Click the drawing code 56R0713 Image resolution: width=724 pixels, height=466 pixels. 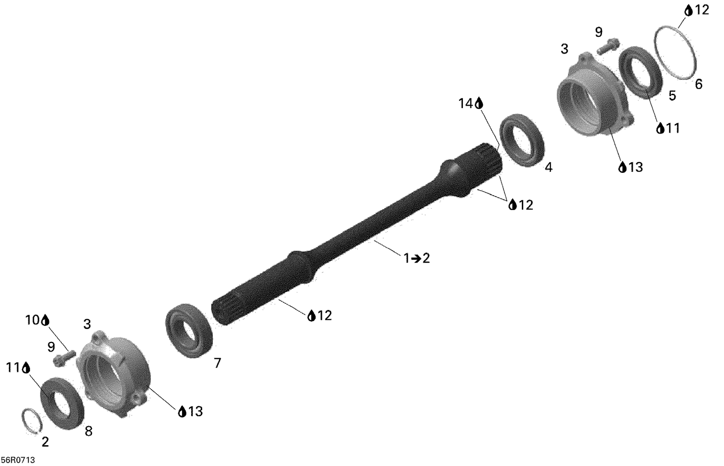pos(18,460)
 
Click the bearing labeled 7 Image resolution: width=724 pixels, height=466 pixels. pos(190,330)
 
